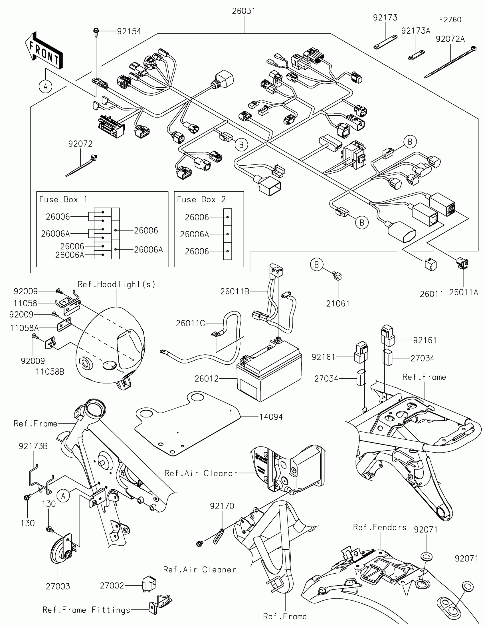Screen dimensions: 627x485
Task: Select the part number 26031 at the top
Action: (x=244, y=11)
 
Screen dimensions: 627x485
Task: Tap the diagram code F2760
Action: (x=450, y=20)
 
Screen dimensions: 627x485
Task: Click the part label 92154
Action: (x=129, y=31)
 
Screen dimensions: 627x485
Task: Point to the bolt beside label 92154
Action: (x=96, y=32)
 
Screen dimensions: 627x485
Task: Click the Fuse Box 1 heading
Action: (x=63, y=199)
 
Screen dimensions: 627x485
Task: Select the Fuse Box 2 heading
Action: (x=201, y=199)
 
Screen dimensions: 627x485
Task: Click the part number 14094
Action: (x=271, y=417)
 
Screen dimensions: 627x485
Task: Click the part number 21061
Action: (x=338, y=304)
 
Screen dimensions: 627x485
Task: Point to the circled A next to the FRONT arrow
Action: (x=45, y=86)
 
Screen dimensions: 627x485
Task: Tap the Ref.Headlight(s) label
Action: (x=116, y=284)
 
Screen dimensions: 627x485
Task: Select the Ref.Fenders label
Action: (x=380, y=527)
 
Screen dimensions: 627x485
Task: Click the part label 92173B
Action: (x=33, y=446)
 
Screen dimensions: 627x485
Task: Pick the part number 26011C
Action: (x=191, y=323)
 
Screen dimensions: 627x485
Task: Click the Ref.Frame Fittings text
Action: (x=86, y=610)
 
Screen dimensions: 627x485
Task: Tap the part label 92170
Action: (x=222, y=506)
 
